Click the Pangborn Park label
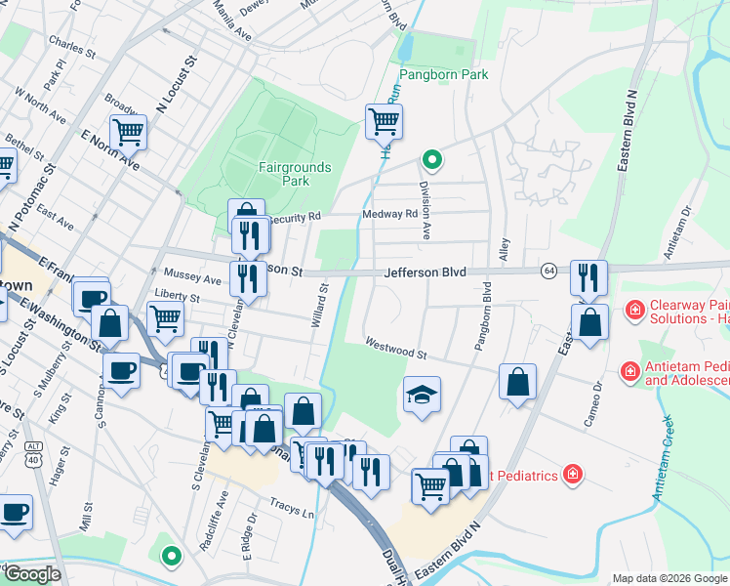tap(443, 74)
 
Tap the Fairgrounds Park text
tap(296, 174)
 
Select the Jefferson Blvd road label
tap(425, 273)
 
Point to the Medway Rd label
tap(389, 213)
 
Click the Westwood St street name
tap(397, 344)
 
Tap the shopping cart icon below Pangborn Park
tap(384, 122)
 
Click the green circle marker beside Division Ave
tap(430, 159)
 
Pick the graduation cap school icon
tap(422, 395)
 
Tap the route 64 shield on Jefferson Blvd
tap(550, 270)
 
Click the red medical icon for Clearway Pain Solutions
tap(635, 311)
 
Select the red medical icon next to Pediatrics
tap(572, 476)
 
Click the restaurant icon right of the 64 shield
tap(588, 277)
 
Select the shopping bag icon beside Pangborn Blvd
tap(518, 382)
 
